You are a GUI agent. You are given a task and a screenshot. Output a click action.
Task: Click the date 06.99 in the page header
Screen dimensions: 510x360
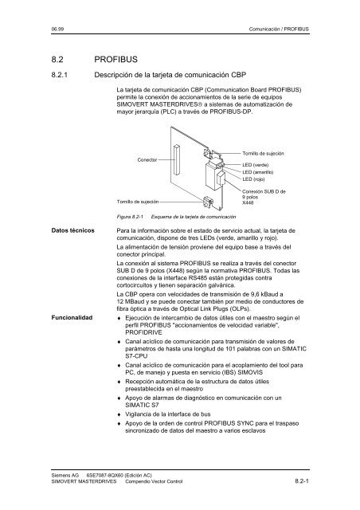tap(56, 29)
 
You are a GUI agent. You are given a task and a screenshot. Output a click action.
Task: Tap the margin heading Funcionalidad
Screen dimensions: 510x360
tap(73, 317)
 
